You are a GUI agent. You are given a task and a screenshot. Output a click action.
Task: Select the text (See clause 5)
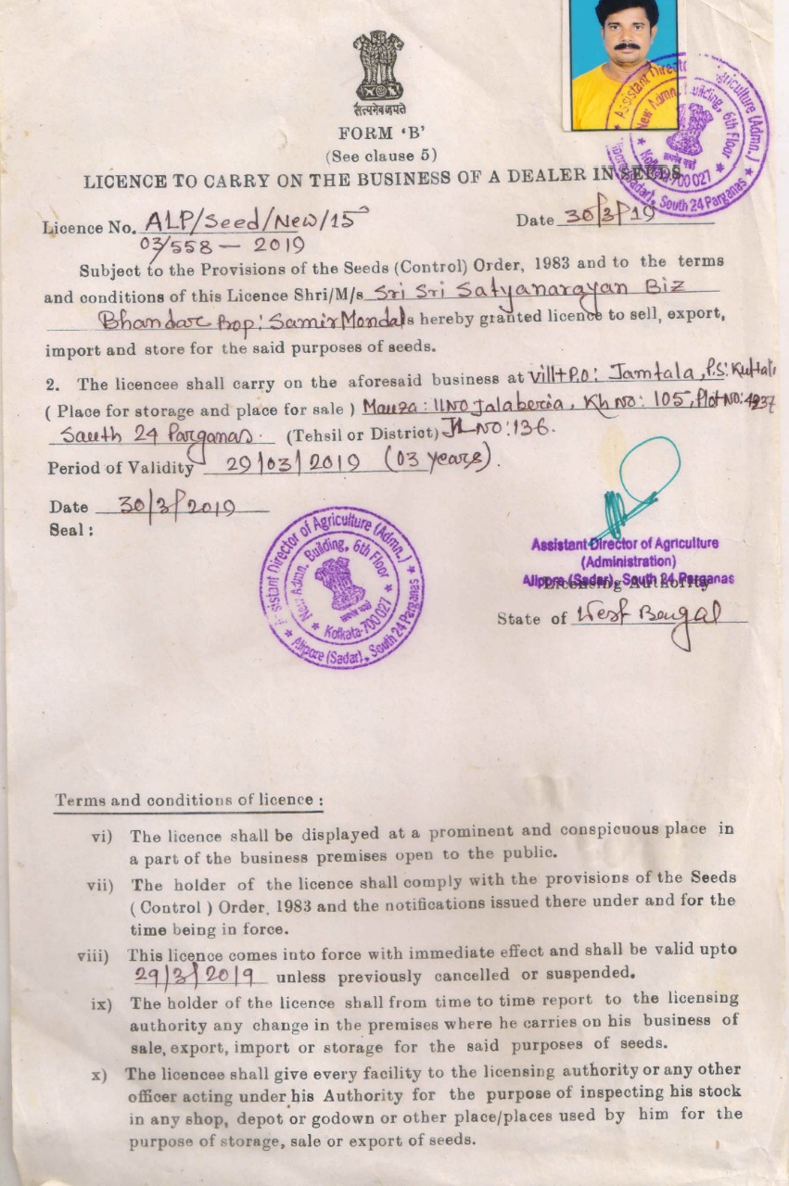pyautogui.click(x=381, y=156)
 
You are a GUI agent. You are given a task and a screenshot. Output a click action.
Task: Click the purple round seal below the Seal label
pyautogui.click(x=342, y=587)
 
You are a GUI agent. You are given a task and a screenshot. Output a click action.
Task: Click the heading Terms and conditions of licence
pyautogui.click(x=188, y=800)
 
